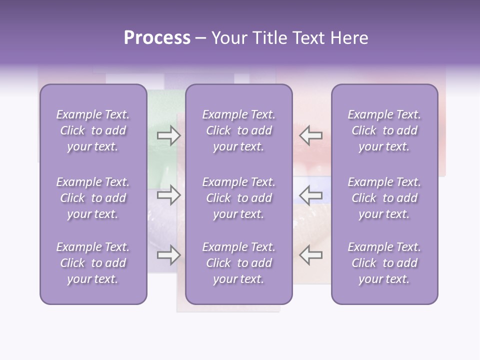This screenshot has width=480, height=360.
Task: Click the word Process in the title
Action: [157, 38]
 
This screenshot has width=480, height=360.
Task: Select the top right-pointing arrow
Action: [168, 135]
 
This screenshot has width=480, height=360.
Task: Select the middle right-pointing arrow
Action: [168, 195]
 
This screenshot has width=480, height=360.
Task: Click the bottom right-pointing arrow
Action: [168, 255]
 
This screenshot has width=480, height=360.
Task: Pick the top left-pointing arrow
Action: [311, 135]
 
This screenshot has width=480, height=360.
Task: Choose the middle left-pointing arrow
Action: [311, 195]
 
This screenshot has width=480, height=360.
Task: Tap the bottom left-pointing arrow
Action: [311, 255]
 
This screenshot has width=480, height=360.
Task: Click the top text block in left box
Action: [93, 130]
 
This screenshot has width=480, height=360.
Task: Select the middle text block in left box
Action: [93, 198]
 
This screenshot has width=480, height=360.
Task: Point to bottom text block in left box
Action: [93, 263]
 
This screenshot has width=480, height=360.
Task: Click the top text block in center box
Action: [238, 130]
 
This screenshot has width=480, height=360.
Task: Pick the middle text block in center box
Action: [238, 198]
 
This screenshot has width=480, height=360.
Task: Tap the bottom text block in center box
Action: [238, 263]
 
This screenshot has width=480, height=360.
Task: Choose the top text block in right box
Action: [384, 130]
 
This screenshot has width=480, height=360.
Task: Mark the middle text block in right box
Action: [384, 198]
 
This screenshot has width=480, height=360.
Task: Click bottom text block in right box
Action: [384, 263]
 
